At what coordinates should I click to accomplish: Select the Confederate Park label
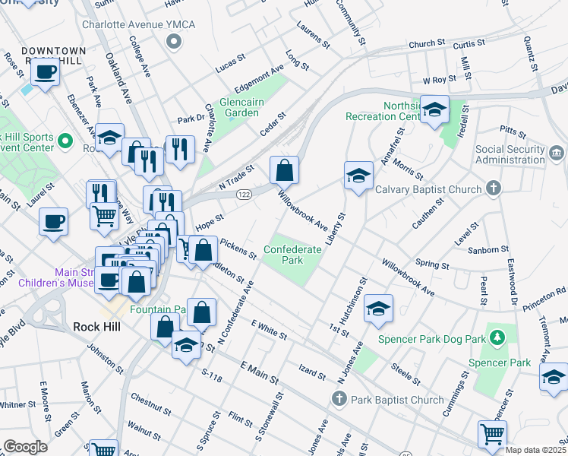[283, 255]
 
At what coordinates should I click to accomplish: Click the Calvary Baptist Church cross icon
[494, 188]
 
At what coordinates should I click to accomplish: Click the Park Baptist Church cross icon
[339, 398]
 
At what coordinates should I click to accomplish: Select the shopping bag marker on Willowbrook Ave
[284, 171]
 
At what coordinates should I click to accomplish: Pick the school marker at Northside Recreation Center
[435, 110]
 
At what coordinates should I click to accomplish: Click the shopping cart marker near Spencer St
[492, 434]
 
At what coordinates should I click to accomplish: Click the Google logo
[25, 447]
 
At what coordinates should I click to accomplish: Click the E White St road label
[268, 329]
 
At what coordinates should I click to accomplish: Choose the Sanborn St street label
[488, 249]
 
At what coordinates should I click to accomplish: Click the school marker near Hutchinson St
[378, 308]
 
